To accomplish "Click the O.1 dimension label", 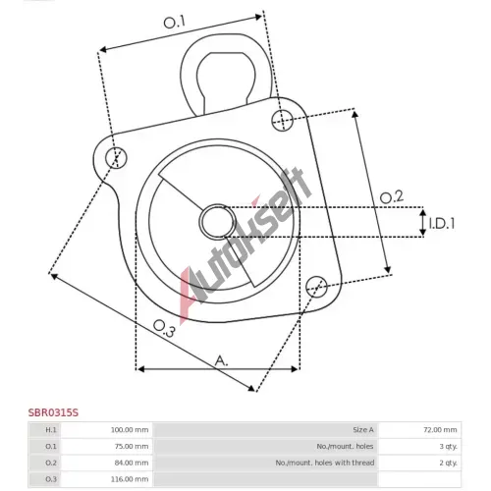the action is click(174, 23).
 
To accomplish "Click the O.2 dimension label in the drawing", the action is click(392, 197).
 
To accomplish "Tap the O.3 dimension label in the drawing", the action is click(164, 328).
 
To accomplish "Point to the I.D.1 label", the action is click(442, 224).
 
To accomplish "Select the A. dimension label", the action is click(221, 361).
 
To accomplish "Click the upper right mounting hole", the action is click(283, 121).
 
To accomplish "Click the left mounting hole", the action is click(116, 158).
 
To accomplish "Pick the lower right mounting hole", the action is click(316, 287).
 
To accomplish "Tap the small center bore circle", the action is click(218, 222).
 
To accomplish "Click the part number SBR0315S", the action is click(53, 412).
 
